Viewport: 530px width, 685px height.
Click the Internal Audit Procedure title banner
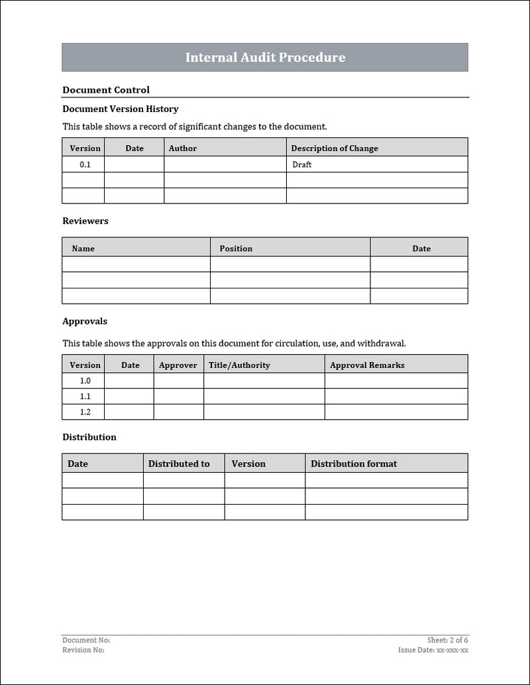point(265,58)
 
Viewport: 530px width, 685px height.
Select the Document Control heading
point(106,90)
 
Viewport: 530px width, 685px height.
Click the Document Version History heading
point(120,109)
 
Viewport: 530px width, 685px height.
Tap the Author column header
point(183,149)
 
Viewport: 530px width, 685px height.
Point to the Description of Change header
point(335,149)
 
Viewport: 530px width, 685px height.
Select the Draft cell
point(301,164)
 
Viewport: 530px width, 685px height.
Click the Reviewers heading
point(85,221)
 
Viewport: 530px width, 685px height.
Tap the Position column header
point(236,249)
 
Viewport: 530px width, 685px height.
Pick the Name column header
point(83,249)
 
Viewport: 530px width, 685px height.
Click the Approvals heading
point(84,322)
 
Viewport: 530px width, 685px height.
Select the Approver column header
point(178,365)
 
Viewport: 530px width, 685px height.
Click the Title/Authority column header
point(239,365)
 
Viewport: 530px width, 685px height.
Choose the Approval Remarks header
point(367,365)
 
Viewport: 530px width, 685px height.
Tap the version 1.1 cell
point(85,397)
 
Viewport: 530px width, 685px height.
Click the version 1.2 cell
point(85,412)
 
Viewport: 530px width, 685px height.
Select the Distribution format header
point(354,464)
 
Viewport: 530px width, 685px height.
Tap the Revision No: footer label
point(83,651)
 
